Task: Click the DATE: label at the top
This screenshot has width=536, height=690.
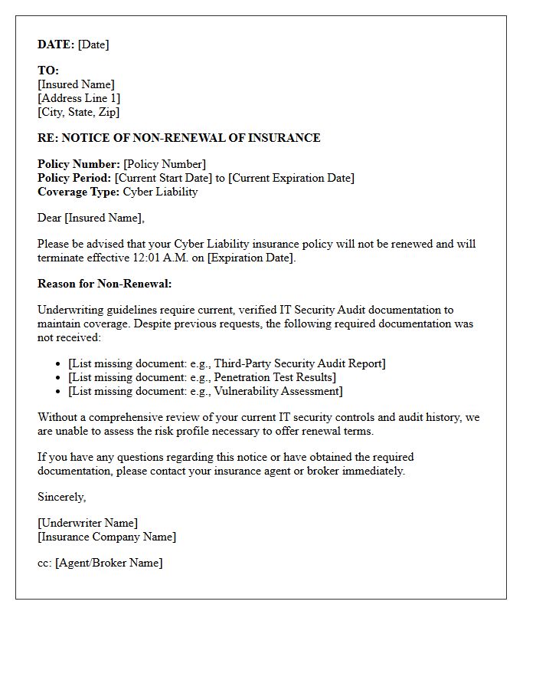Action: pyautogui.click(x=56, y=44)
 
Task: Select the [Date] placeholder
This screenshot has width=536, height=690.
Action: pyautogui.click(x=93, y=44)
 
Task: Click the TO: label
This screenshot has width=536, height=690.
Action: pyautogui.click(x=48, y=71)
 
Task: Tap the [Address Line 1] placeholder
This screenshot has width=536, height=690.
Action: pyautogui.click(x=79, y=98)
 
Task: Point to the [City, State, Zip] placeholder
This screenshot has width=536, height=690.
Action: pyautogui.click(x=78, y=112)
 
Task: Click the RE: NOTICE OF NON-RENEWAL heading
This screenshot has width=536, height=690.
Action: pyautogui.click(x=178, y=138)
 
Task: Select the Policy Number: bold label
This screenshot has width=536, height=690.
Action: pyautogui.click(x=79, y=164)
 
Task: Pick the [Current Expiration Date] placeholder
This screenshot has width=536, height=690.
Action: pyautogui.click(x=292, y=178)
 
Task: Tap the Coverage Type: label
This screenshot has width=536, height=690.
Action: pyautogui.click(x=78, y=192)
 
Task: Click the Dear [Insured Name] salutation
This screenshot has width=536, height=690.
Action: pyautogui.click(x=90, y=218)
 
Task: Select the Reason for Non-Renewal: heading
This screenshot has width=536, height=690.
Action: pyautogui.click(x=105, y=284)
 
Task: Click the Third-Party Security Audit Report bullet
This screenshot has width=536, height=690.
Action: pyautogui.click(x=227, y=363)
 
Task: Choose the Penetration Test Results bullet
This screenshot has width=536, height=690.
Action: pyautogui.click(x=202, y=377)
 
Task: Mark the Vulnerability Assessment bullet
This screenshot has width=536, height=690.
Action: pyautogui.click(x=205, y=391)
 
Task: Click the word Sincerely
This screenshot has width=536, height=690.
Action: pyautogui.click(x=62, y=497)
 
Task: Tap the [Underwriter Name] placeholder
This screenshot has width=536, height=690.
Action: pyautogui.click(x=87, y=523)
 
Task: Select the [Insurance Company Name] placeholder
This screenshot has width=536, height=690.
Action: pyautogui.click(x=106, y=537)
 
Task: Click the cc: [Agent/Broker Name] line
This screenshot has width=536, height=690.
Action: pyautogui.click(x=100, y=563)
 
